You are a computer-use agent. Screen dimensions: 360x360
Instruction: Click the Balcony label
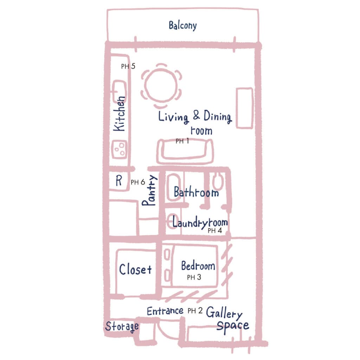[182, 25]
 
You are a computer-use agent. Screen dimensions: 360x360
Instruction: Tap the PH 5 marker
[128, 66]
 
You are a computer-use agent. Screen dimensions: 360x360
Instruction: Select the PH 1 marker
[182, 141]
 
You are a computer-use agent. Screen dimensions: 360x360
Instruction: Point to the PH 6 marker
[138, 182]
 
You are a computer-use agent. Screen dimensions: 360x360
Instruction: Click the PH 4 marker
[215, 231]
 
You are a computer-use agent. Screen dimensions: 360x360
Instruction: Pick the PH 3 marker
[194, 277]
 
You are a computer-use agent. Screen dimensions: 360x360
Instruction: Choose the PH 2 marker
[195, 311]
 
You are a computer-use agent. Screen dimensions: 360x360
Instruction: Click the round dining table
[161, 85]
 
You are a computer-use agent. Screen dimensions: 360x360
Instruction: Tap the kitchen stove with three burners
[119, 149]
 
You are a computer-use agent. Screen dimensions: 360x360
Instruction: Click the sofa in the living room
[185, 152]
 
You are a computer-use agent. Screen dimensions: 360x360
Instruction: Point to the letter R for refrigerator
[119, 181]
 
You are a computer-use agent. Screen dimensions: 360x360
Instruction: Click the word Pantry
[149, 190]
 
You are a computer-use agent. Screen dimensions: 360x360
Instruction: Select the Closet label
[135, 269]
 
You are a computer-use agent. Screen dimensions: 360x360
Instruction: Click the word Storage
[122, 327]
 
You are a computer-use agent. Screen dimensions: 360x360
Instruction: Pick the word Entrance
[165, 311]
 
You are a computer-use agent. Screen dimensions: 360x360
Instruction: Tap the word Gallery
[224, 313]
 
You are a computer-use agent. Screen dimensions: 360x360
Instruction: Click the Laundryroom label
[200, 222]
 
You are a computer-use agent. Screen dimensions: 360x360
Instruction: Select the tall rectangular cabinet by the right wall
[245, 108]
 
